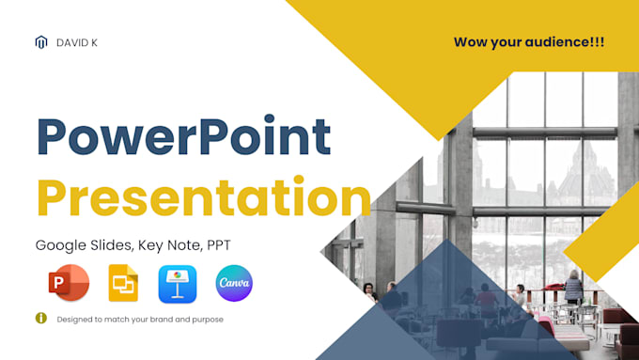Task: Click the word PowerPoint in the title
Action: [x=183, y=138]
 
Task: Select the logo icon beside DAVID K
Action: [x=40, y=42]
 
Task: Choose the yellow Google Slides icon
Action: [x=122, y=283]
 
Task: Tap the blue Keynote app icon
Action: [x=177, y=283]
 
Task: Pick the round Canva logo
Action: [x=234, y=283]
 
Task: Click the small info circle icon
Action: [x=40, y=318]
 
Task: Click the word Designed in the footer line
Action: [x=74, y=320]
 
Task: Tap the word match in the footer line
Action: [x=122, y=320]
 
